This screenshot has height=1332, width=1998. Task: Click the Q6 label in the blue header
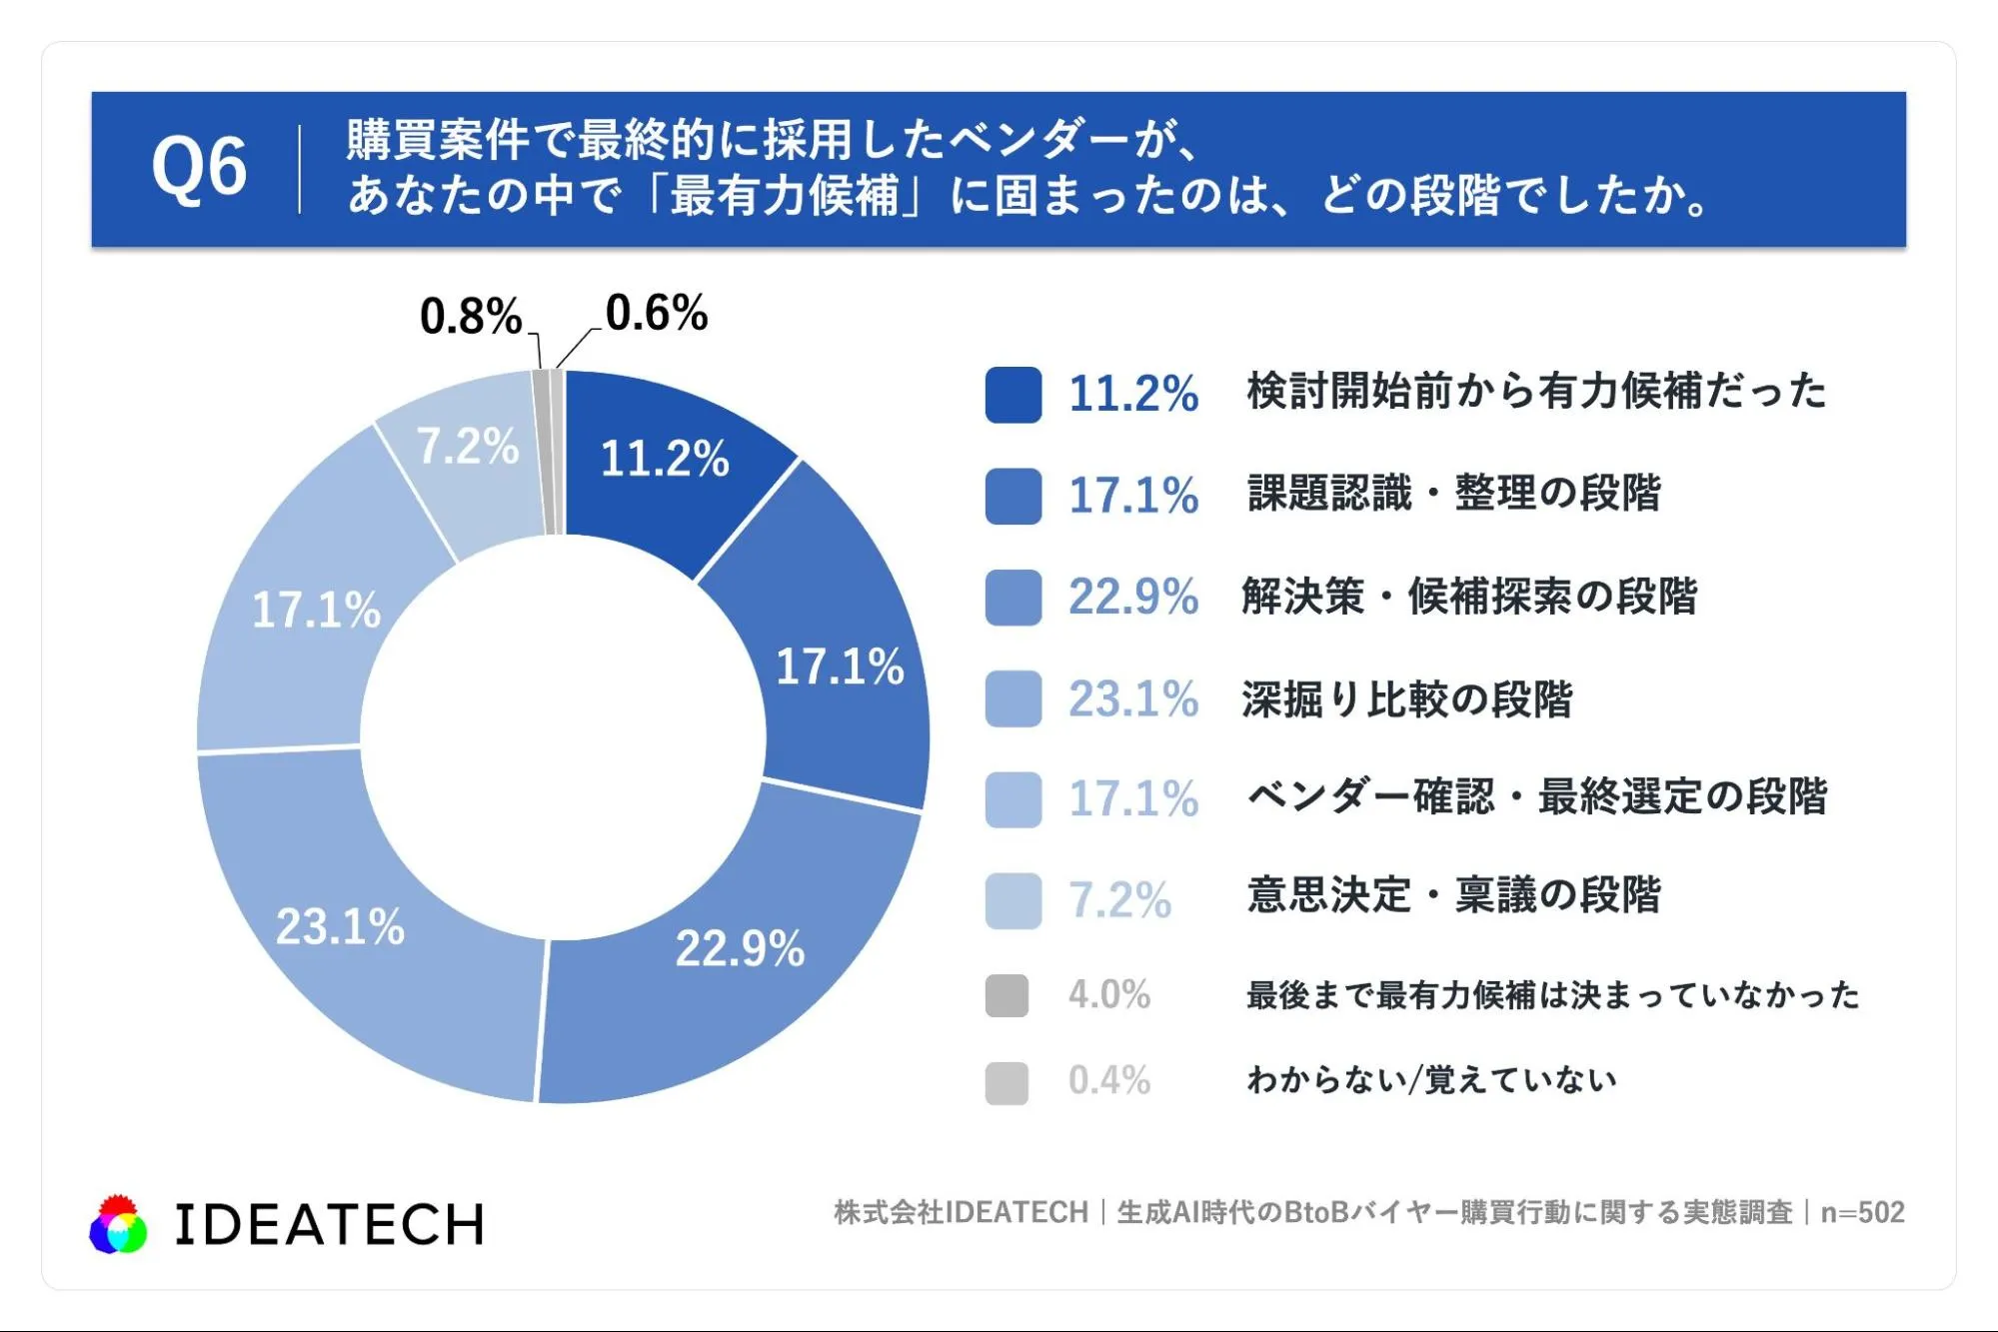[199, 167]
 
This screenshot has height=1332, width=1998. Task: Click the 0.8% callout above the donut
[471, 317]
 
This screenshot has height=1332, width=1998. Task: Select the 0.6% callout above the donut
[657, 313]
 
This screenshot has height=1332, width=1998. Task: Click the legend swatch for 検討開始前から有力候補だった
[1012, 395]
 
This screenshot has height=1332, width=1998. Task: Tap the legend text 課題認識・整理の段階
[1454, 494]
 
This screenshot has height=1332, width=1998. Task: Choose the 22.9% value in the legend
[1133, 598]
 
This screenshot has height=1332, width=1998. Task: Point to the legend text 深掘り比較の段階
[1407, 699]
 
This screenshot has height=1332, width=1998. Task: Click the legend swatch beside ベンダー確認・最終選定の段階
[1012, 799]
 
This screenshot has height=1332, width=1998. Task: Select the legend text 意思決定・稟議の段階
[1454, 895]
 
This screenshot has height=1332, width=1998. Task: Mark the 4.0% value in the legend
[1109, 995]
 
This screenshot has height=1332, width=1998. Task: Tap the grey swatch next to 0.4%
[1006, 1082]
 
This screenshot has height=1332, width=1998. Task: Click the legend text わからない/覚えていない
[1432, 1080]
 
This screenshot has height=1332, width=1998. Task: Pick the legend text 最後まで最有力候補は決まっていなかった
[1553, 995]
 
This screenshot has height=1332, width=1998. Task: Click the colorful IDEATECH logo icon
[118, 1224]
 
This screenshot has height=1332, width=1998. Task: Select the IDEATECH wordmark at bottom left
[329, 1225]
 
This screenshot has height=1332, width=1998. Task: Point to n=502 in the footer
[1863, 1212]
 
